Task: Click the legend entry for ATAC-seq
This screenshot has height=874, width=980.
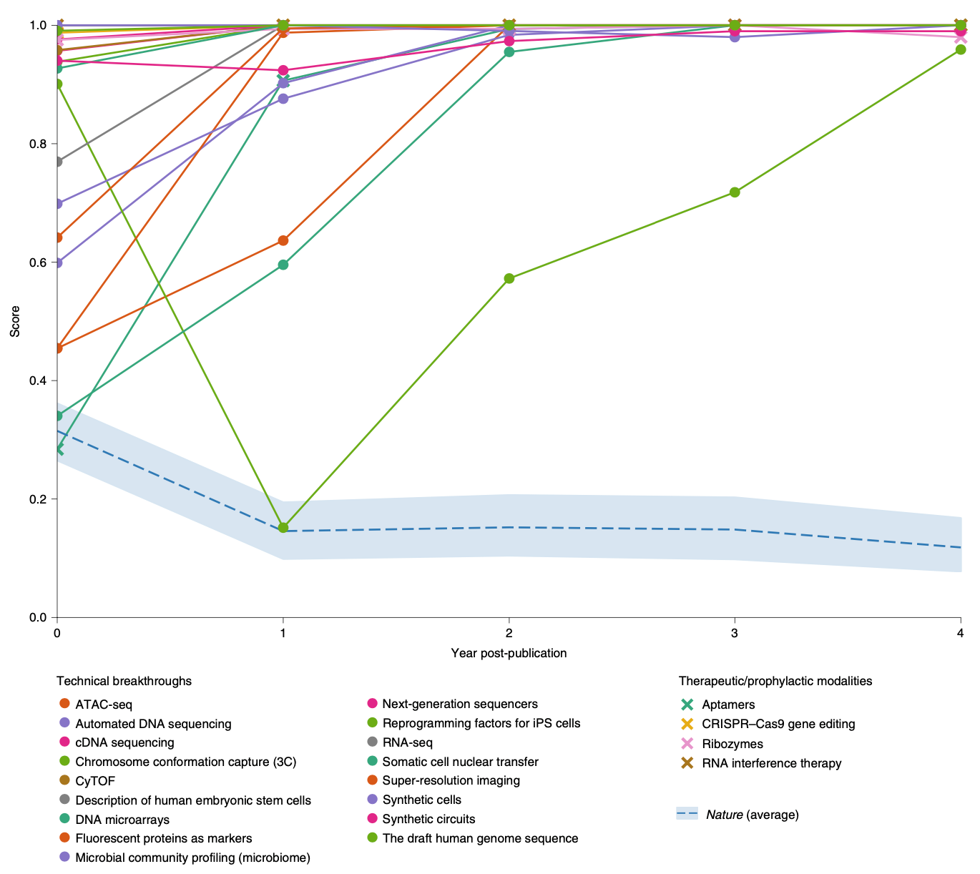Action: pos(104,704)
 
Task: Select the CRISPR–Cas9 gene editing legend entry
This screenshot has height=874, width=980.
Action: pos(778,724)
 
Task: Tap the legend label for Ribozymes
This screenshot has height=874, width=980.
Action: pos(732,744)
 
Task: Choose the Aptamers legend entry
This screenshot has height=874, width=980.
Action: pos(728,704)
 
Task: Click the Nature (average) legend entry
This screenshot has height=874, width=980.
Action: pos(752,815)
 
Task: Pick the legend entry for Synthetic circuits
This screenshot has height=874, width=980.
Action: pos(428,819)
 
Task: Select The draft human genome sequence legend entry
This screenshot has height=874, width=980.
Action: pos(480,838)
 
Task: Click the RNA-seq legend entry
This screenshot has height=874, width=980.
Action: pos(407,743)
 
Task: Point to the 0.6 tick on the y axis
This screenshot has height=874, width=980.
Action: pos(37,262)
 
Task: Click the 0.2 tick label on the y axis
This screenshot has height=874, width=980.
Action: pos(37,499)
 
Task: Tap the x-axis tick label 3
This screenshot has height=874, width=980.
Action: pos(734,633)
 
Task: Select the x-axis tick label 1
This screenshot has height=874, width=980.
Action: pos(283,633)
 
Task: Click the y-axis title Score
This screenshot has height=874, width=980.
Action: pos(15,322)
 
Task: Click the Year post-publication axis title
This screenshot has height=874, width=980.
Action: pos(509,653)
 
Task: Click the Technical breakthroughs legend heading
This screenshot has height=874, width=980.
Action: pos(124,681)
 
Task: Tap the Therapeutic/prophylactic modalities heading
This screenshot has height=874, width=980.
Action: pos(775,681)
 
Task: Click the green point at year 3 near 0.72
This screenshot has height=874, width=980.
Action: pos(734,192)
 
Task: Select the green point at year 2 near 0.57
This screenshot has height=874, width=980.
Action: pos(509,278)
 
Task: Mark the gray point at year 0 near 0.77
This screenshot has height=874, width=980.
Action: pos(57,162)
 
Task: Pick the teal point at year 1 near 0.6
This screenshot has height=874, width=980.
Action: pos(283,265)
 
